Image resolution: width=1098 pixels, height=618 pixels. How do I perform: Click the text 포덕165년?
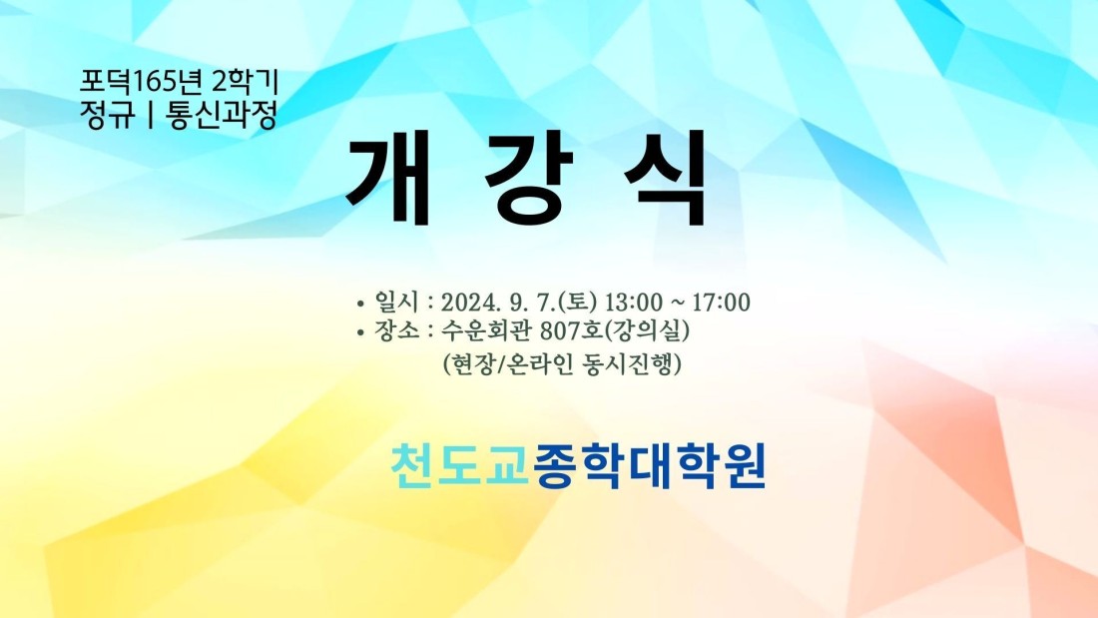pyautogui.click(x=141, y=83)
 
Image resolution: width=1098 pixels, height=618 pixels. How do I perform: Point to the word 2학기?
pyautogui.click(x=246, y=83)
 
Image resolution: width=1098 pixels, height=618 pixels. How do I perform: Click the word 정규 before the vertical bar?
pyautogui.click(x=107, y=115)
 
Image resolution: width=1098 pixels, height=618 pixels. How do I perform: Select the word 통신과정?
pyautogui.click(x=222, y=115)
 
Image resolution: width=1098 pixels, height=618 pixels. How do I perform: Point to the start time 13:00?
pyautogui.click(x=633, y=303)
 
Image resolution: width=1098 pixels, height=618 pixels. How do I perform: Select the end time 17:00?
pyautogui.click(x=722, y=303)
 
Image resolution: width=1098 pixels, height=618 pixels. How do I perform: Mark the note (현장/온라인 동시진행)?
pyautogui.click(x=562, y=363)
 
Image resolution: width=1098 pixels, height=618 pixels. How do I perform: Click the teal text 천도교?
pyautogui.click(x=459, y=464)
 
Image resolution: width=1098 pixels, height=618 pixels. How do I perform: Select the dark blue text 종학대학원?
pyautogui.click(x=650, y=464)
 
